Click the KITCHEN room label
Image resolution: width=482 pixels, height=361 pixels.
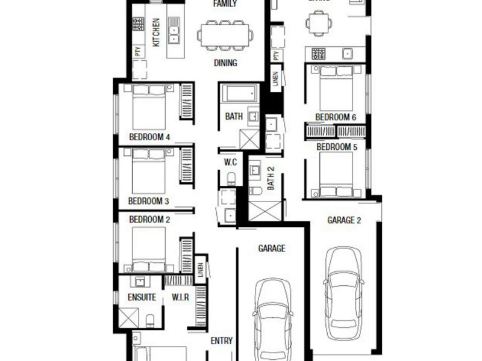155,32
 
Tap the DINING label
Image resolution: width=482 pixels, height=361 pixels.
225,63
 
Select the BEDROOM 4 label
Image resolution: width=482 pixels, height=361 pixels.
149,137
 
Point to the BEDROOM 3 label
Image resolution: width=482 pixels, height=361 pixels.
149,201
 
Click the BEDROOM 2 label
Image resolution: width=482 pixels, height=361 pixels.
149,220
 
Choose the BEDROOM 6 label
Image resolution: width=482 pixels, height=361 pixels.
336,117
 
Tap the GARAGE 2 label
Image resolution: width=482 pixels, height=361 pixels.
344,220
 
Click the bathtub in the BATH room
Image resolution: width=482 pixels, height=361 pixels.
239,93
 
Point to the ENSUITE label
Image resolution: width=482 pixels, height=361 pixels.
142,297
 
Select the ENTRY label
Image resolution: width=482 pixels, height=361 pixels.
221,341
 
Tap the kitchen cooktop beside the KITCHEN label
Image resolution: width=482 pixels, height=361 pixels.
138,24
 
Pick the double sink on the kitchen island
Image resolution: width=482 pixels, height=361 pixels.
174,31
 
